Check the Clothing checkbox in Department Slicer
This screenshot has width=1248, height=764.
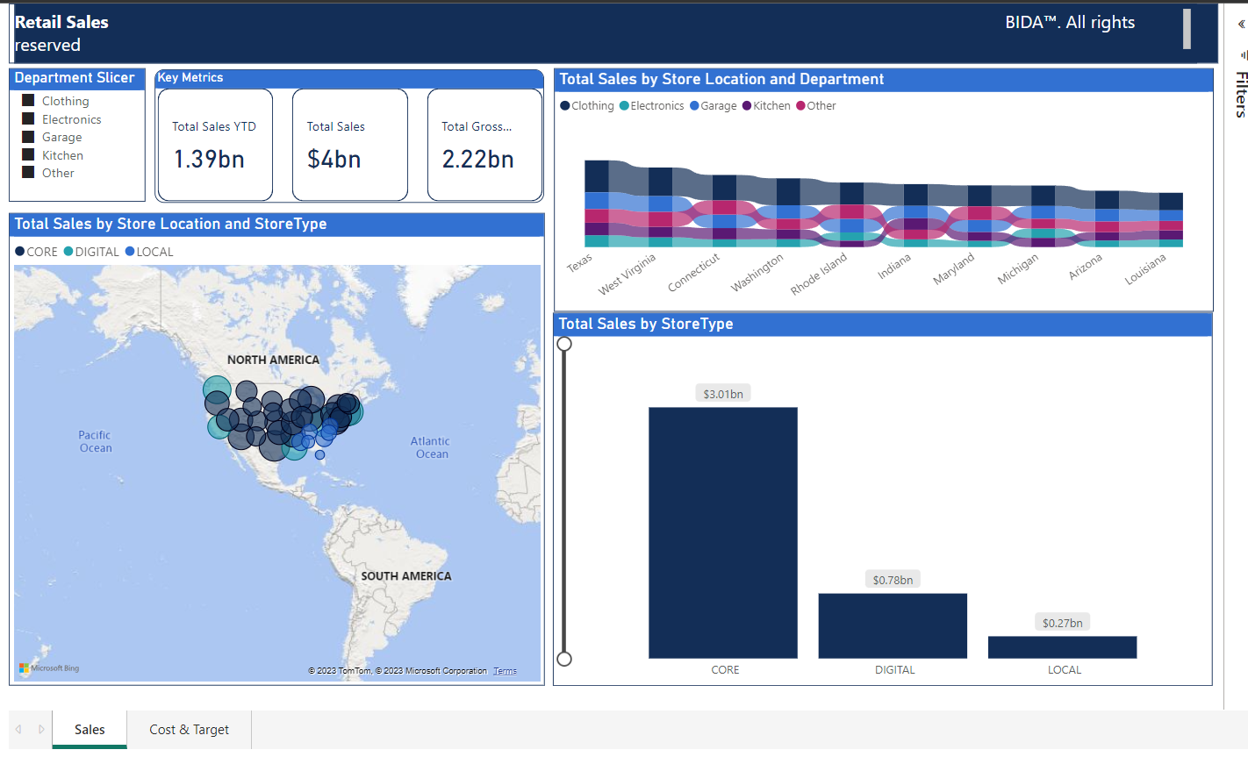coord(28,101)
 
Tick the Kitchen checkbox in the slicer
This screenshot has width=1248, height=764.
coord(28,155)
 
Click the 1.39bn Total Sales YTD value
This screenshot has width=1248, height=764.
coord(209,160)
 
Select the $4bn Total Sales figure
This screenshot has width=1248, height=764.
coord(334,160)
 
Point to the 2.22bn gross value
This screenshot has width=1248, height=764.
coord(477,160)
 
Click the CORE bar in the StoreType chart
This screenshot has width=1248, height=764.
coord(722,532)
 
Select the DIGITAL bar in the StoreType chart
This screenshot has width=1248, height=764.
coord(892,625)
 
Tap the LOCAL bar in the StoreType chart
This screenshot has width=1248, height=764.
coord(1062,647)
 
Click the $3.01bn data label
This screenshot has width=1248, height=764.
coord(722,394)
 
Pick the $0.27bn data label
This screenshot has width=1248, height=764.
coord(1062,623)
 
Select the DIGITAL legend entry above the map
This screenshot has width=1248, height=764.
coord(96,252)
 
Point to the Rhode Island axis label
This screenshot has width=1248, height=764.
coord(819,274)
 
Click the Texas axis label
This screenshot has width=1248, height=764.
coord(579,263)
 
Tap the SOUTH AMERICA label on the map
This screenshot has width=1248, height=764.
coord(406,576)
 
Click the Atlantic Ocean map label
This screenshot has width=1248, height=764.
coord(430,447)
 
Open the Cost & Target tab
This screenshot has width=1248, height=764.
coord(189,730)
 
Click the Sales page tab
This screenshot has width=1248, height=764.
coord(90,730)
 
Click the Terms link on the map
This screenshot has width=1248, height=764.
coord(505,671)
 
